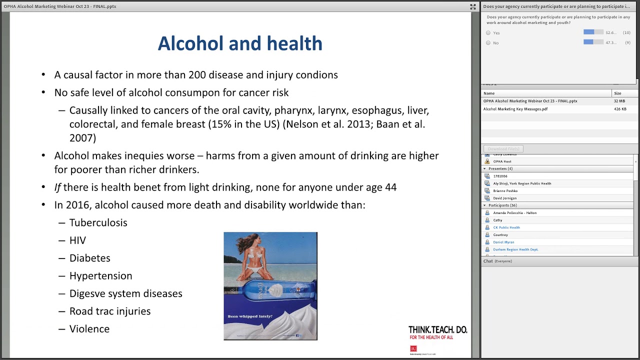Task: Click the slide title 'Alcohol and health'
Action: [240, 44]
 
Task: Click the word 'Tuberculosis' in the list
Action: [98, 223]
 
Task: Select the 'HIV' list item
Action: [77, 240]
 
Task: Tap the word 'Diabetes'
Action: [89, 258]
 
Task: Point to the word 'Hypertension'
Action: [100, 276]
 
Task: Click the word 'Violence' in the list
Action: [89, 329]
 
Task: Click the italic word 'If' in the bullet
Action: [57, 187]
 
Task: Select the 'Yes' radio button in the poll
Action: [488, 33]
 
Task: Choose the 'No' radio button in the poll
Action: [488, 43]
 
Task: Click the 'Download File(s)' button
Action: [503, 149]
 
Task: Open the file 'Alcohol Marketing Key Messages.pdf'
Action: [515, 109]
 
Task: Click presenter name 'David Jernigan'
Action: [504, 198]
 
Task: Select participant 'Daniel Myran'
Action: [503, 242]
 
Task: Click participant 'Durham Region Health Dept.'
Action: [515, 249]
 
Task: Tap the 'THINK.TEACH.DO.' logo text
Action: [437, 330]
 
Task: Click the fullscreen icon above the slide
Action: [472, 6]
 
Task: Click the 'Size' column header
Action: [617, 93]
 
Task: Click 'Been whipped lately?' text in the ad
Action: [250, 316]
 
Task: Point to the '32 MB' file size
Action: [619, 101]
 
